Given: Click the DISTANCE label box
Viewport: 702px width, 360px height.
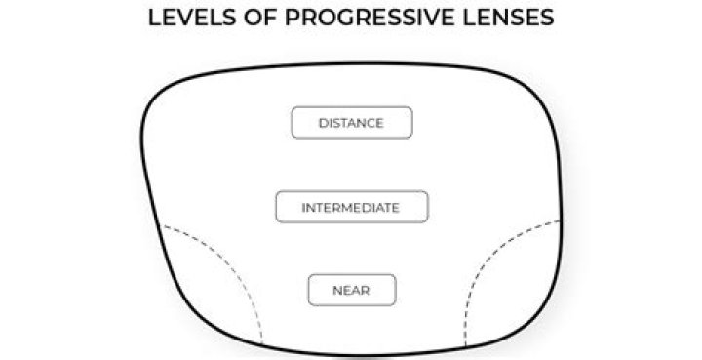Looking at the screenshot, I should tap(351, 123).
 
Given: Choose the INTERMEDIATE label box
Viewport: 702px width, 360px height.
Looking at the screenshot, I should tap(351, 207).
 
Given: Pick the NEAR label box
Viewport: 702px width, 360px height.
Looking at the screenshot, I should tap(351, 290).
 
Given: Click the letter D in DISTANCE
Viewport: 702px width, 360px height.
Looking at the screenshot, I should tap(323, 124).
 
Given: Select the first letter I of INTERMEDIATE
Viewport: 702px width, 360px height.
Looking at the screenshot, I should tap(303, 208).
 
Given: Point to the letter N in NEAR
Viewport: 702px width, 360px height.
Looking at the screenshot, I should tap(336, 291).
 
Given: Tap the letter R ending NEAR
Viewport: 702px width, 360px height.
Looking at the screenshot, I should tap(366, 291).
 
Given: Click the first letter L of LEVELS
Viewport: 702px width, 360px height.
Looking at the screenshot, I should tap(154, 19).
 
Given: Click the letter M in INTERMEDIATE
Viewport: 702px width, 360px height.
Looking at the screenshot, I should tap(354, 208).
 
